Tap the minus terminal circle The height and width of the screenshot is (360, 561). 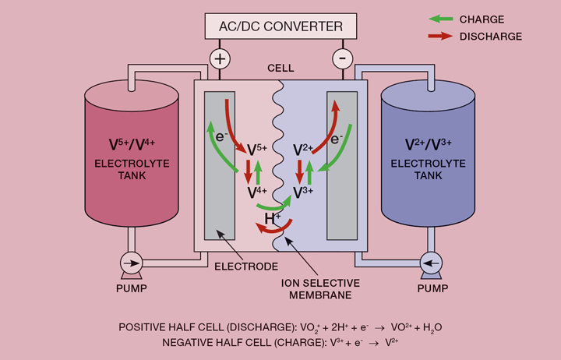(x=340, y=58)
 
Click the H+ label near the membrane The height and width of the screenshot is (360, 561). (x=273, y=220)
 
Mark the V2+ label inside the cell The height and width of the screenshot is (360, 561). (x=303, y=149)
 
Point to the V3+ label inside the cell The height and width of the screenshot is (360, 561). (x=303, y=191)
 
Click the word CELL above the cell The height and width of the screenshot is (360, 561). (x=280, y=69)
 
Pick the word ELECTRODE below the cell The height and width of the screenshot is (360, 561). (x=246, y=266)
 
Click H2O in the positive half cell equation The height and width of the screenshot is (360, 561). (x=432, y=327)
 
